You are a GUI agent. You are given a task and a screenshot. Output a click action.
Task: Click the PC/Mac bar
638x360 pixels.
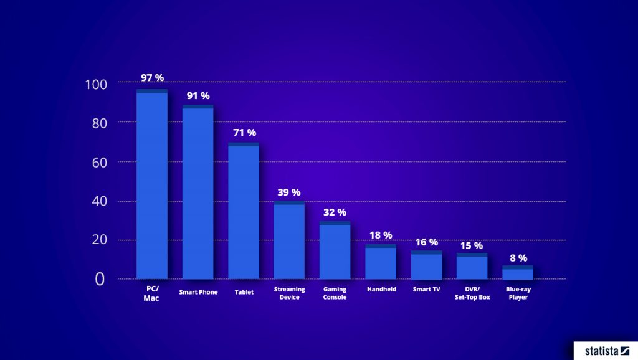click(152, 184)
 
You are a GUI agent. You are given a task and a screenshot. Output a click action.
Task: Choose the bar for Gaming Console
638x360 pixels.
click(335, 250)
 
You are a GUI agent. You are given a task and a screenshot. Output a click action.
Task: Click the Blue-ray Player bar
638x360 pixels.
click(518, 272)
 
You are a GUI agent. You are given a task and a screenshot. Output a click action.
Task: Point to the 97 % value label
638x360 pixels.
click(152, 78)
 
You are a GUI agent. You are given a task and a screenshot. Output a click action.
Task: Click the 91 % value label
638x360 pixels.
click(198, 96)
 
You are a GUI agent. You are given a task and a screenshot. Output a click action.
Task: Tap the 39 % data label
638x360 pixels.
click(289, 192)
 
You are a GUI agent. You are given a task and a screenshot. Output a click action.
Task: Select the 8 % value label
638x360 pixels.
click(518, 257)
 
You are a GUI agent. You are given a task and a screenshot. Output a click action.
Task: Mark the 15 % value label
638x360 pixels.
click(472, 245)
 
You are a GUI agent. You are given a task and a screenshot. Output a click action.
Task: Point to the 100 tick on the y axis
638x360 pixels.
click(97, 84)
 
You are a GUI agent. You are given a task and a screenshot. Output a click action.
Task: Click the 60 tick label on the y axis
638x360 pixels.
click(97, 162)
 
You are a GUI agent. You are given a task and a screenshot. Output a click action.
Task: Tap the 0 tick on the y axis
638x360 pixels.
click(100, 280)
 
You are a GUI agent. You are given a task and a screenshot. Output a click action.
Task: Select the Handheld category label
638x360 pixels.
click(381, 290)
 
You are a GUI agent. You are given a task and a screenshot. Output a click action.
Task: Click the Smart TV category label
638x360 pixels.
click(426, 290)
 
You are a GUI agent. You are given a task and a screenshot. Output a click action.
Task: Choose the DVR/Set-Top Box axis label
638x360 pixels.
click(472, 293)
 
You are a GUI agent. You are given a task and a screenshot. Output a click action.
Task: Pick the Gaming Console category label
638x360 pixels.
click(335, 293)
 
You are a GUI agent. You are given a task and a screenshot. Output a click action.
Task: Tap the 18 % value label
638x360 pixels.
click(381, 235)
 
